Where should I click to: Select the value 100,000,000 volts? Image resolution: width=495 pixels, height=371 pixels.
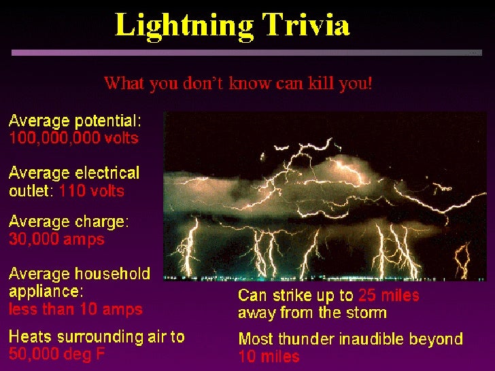point(73,139)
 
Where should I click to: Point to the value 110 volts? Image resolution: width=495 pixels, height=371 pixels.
point(92,191)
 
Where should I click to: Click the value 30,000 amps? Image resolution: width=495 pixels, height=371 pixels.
point(56,239)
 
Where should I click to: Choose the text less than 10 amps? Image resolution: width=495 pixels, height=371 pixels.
point(75,309)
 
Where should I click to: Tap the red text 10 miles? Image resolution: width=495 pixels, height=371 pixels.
point(269,356)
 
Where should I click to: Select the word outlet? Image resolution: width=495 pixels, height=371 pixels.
point(29,191)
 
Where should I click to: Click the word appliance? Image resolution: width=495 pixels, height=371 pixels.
point(46,291)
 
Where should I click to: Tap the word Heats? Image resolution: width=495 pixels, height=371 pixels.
point(29,336)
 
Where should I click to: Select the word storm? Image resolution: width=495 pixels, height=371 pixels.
point(366,313)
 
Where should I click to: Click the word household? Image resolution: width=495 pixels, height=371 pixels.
point(112,275)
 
